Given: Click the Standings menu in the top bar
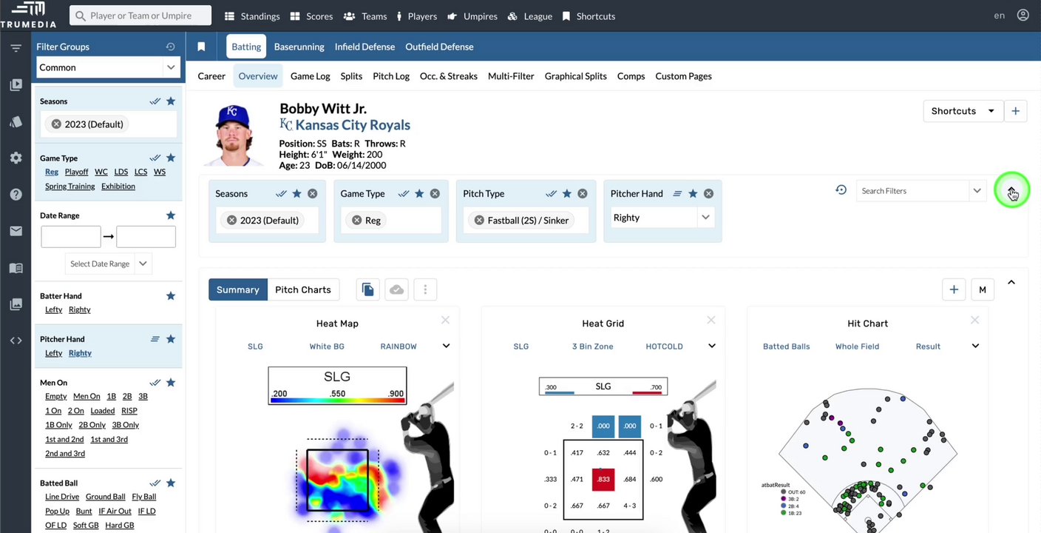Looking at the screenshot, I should (252, 16).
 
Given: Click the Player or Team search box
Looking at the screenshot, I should (140, 16).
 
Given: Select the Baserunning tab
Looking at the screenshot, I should (299, 47).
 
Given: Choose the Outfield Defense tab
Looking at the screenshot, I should (439, 47).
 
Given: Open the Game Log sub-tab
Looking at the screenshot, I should (310, 76).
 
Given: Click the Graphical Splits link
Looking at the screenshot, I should (575, 76).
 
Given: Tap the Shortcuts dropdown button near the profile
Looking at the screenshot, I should (963, 111).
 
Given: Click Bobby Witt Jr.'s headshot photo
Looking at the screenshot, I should (234, 135).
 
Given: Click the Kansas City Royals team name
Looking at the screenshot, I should (352, 125).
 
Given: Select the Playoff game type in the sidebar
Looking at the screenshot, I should (76, 172).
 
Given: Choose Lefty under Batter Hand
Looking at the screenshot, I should (53, 309).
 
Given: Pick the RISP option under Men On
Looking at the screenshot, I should (129, 411).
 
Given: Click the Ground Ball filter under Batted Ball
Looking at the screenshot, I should (105, 497).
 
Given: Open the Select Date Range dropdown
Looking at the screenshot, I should (108, 264).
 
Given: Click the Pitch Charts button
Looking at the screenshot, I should (302, 289).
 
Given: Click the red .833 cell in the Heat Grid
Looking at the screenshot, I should (603, 480).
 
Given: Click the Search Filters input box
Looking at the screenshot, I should (913, 191).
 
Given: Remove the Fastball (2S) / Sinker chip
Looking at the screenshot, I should (479, 221).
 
